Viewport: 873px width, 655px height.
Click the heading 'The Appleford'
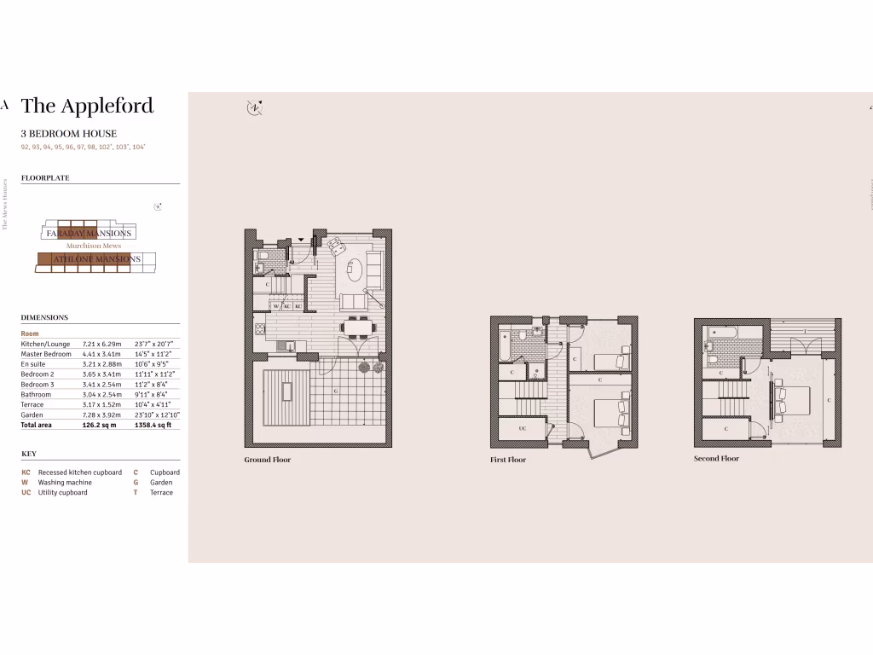[x=87, y=106]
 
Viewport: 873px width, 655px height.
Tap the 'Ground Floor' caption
[x=268, y=460]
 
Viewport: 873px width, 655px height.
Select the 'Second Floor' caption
[x=716, y=459]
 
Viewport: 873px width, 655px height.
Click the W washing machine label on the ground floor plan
[x=276, y=305]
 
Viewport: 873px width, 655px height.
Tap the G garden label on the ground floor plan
[x=335, y=391]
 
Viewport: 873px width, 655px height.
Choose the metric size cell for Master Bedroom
[x=100, y=354]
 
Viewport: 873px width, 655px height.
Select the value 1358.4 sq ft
[x=153, y=425]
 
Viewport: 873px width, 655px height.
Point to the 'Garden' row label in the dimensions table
[x=32, y=414]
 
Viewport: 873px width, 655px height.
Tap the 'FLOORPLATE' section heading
[x=45, y=178]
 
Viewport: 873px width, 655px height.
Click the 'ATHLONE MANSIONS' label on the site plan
[x=96, y=258]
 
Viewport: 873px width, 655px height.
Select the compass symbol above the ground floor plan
[x=253, y=107]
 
